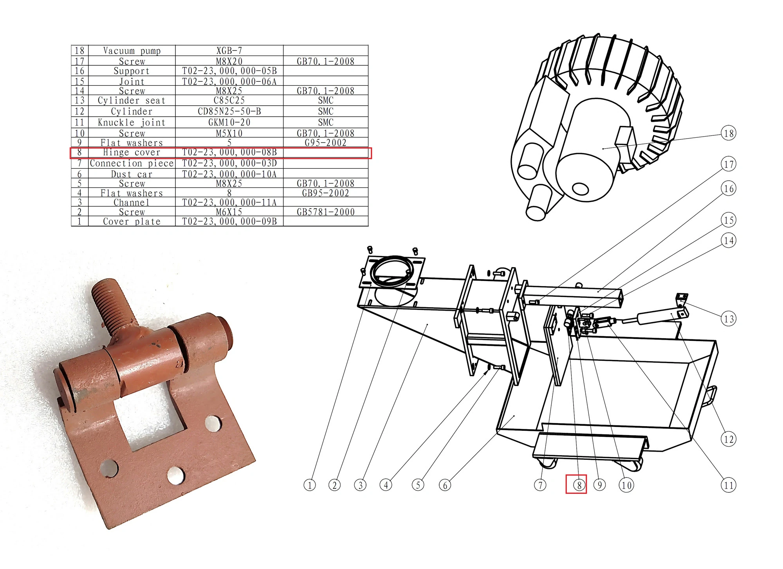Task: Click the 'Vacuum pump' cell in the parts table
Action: [132, 51]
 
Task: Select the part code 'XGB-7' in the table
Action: [229, 51]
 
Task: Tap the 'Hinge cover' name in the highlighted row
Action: [132, 153]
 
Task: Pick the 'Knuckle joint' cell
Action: [132, 122]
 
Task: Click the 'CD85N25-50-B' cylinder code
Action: [229, 112]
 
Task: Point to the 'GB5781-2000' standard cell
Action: [326, 212]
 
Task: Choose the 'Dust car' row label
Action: [132, 175]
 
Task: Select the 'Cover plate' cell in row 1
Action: [132, 221]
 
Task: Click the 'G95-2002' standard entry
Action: [326, 143]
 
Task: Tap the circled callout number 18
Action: [729, 133]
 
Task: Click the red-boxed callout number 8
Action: [579, 485]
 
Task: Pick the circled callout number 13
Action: [729, 319]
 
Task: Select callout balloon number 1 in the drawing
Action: [310, 485]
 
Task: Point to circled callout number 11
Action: [729, 485]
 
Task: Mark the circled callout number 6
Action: [445, 485]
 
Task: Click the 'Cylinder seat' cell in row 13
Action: [132, 101]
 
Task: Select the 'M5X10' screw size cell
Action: [229, 133]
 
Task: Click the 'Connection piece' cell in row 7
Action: [132, 164]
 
